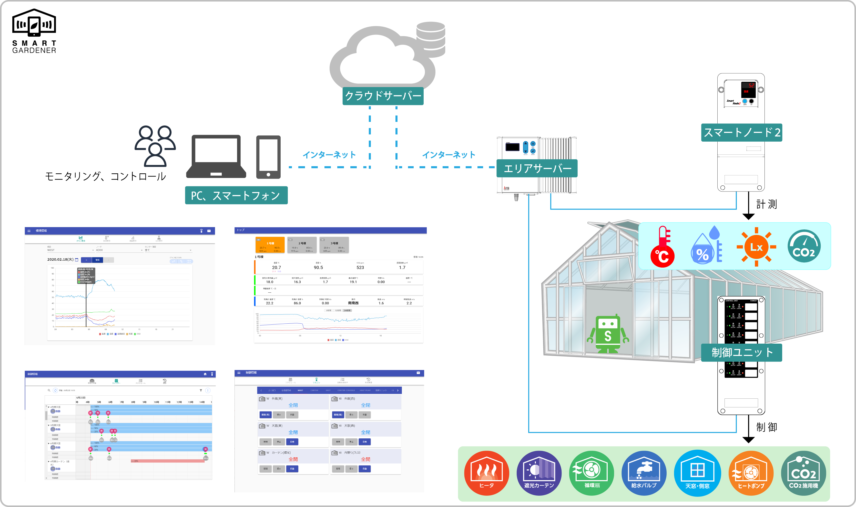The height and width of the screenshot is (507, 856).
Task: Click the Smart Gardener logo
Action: tap(34, 31)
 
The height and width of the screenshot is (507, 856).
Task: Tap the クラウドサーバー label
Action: tap(383, 96)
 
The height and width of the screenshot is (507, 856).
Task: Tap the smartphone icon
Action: tap(268, 157)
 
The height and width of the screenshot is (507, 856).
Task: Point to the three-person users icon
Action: tap(155, 145)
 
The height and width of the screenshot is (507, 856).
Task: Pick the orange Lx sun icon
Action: tap(756, 247)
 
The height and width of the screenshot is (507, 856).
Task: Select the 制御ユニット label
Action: tap(741, 353)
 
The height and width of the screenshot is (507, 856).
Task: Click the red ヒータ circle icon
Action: tap(486, 473)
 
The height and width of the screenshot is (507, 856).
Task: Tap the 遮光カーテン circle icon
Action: tap(539, 473)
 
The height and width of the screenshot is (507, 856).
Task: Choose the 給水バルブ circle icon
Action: tap(644, 473)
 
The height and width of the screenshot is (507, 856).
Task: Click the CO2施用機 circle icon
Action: tap(803, 473)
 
